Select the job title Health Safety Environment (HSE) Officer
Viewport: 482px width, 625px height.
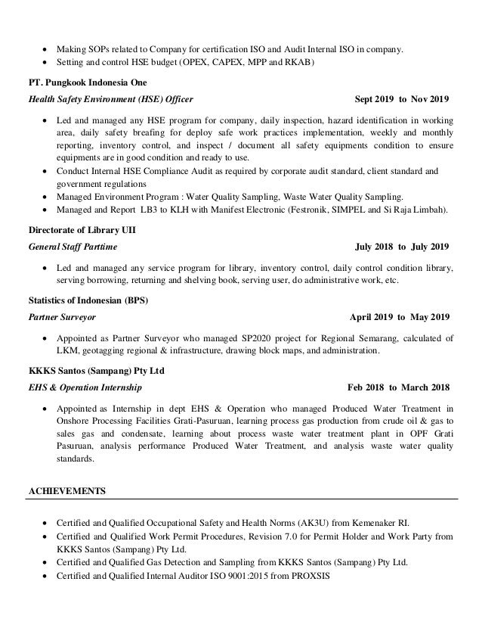110,99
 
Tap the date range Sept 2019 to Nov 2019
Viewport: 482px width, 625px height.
401,99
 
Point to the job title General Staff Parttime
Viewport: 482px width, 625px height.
73,247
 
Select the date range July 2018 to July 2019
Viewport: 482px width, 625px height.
402,247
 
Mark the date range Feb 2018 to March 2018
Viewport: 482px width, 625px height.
397,388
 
